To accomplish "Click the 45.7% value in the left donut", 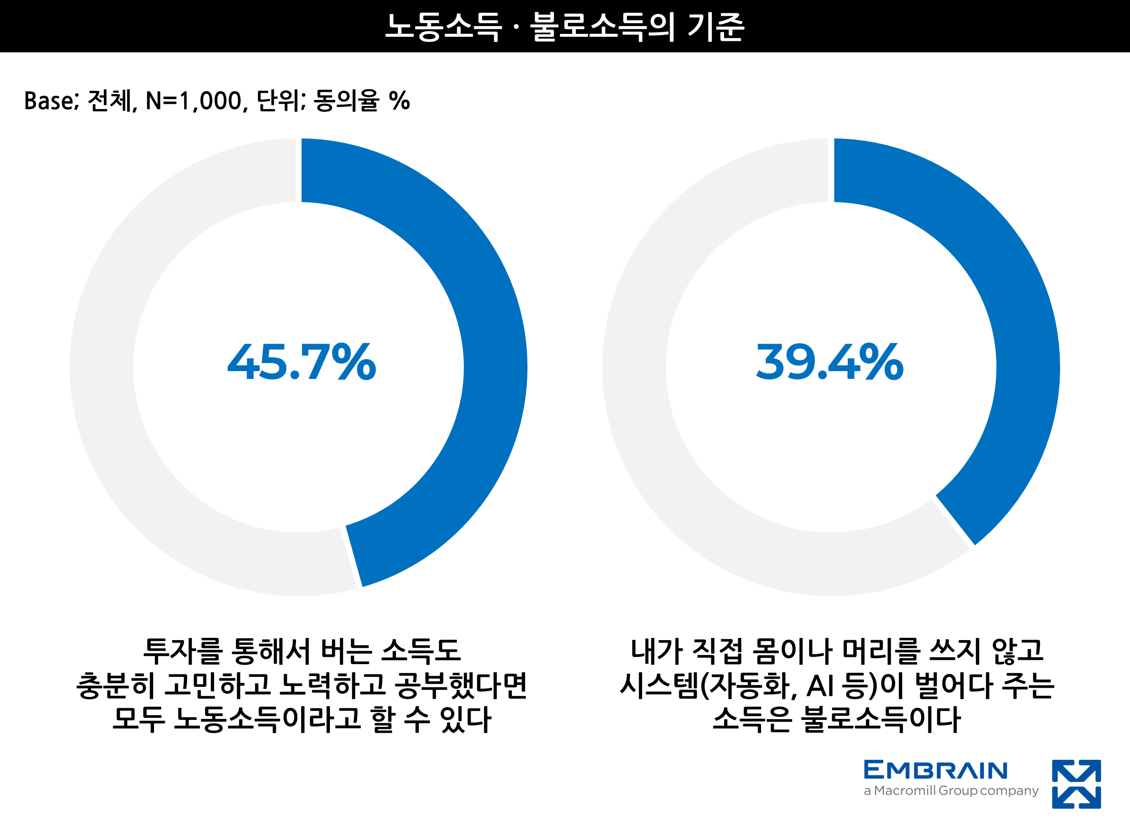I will click(x=302, y=362).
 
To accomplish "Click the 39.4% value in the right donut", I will click(x=829, y=362).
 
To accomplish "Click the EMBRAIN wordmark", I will click(x=935, y=771).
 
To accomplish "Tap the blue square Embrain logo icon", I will click(x=1076, y=784).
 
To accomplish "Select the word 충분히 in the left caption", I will click(x=115, y=685).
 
